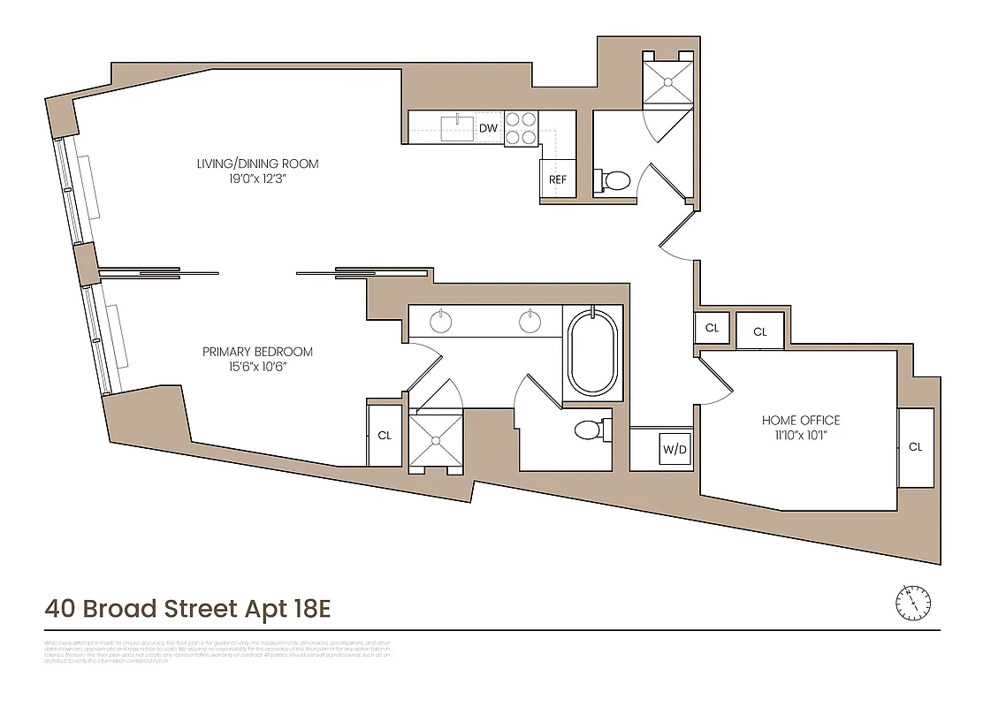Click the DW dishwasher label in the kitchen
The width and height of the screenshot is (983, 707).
488,128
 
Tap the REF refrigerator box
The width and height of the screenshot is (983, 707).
557,179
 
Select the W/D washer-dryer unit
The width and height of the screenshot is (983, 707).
674,449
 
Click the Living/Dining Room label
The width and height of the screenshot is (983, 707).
257,163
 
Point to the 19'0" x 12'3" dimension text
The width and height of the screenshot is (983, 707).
257,179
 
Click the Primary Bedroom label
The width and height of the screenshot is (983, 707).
257,352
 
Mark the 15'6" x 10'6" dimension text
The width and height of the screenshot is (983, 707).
257,367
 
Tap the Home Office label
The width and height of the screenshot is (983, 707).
801,420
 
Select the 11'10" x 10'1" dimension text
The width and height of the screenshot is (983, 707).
801,435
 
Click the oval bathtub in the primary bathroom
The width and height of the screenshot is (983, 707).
592,351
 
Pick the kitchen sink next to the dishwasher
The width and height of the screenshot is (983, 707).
458,127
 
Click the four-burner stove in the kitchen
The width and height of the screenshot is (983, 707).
522,127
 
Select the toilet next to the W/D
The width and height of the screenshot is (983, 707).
589,430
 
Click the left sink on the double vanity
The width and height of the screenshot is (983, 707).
443,322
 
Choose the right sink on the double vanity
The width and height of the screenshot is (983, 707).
530,322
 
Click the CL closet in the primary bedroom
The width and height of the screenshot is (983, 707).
385,436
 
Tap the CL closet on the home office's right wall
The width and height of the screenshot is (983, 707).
915,447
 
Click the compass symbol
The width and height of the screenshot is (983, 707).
912,603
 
